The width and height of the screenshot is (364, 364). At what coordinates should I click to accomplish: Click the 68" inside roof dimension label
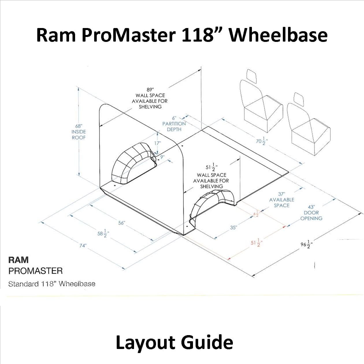click(79, 132)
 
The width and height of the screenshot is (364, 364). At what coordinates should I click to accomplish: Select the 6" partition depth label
click(174, 124)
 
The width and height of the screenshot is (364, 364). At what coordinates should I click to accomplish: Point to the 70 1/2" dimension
click(262, 141)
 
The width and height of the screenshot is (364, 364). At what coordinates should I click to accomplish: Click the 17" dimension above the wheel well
click(157, 143)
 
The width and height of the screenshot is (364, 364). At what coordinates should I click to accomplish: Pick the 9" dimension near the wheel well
click(162, 157)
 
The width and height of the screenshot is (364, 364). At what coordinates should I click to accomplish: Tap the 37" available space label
click(282, 200)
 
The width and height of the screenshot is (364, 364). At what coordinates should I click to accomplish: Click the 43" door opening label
click(311, 213)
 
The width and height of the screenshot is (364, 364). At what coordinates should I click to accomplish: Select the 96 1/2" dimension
click(307, 244)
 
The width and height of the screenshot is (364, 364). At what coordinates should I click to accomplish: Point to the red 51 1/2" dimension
click(256, 243)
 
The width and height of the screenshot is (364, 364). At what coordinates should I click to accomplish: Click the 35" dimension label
click(233, 227)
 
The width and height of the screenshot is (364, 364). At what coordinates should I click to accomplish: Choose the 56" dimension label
click(122, 223)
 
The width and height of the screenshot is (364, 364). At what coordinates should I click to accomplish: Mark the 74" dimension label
click(83, 246)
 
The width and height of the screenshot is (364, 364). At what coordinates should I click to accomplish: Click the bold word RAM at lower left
click(18, 260)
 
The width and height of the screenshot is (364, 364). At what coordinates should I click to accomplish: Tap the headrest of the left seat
click(252, 75)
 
